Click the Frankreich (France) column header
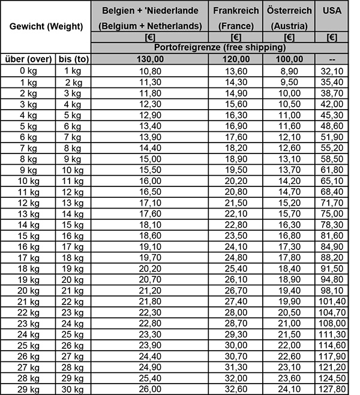coord(236,18)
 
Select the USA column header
coord(332,11)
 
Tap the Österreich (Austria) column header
coord(289,18)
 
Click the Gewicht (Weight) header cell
coord(46,27)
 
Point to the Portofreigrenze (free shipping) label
coord(220,47)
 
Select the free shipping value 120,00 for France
coord(236,59)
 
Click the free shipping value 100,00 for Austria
coord(289,59)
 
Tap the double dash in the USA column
coord(332,59)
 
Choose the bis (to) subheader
coord(73,59)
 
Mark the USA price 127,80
coord(332,389)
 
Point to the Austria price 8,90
coord(289,70)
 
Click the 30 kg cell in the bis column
coord(73,389)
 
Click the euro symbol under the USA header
coord(332,37)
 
